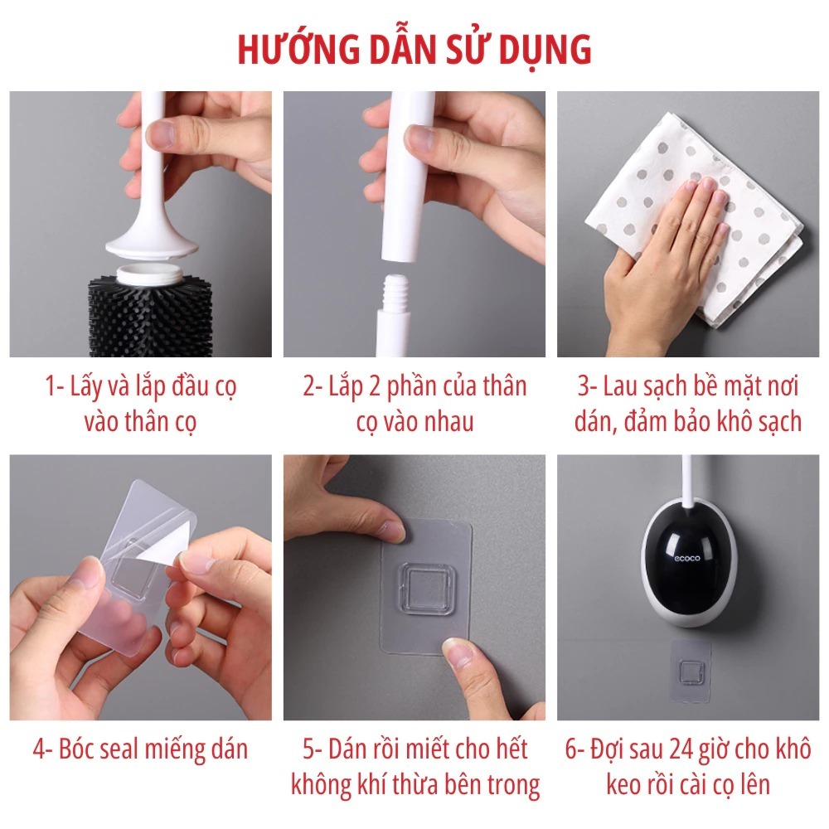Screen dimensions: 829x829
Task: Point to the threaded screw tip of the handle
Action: point(395,293)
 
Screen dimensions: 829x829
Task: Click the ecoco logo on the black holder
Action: point(686,558)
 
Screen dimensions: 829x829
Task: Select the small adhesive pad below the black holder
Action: point(690,671)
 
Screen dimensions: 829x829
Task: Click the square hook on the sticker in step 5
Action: point(426,589)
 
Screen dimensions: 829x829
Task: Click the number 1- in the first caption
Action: point(55,386)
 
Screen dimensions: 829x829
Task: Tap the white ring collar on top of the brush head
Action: point(149,274)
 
